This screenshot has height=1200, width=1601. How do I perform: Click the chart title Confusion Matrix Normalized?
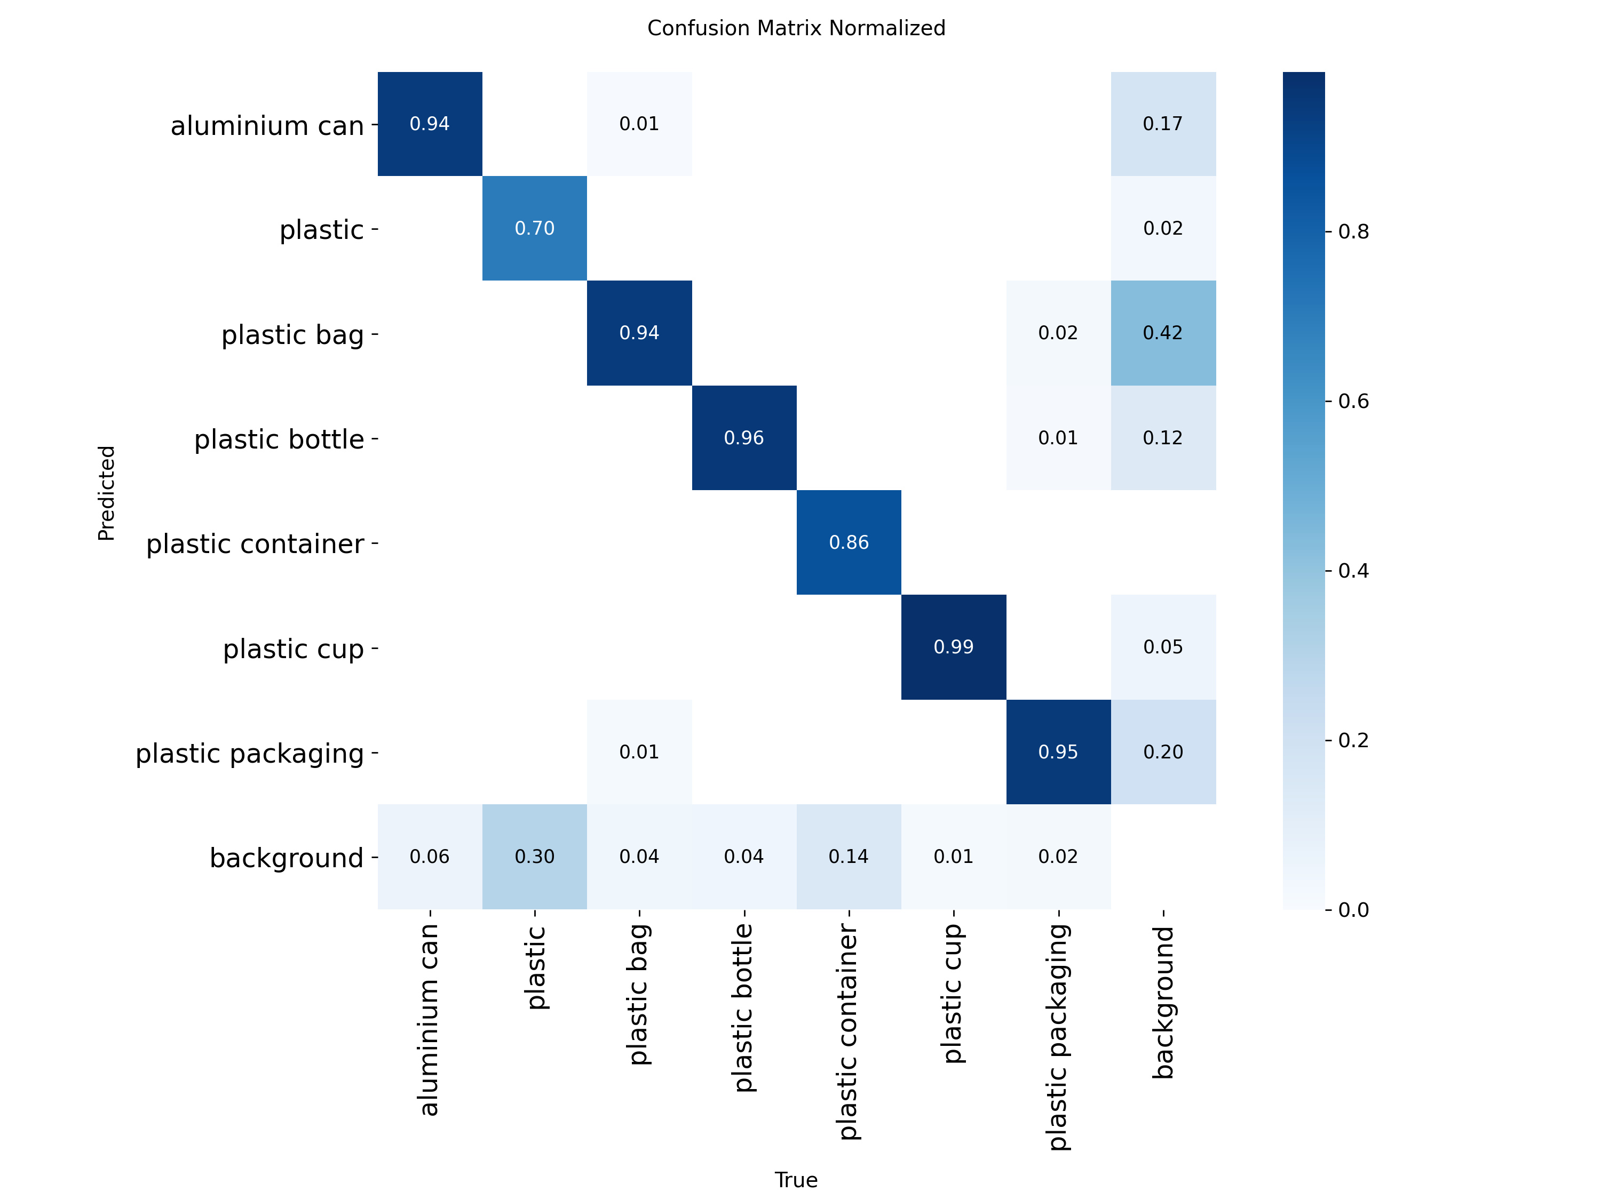click(796, 28)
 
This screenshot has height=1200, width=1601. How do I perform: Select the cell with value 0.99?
click(953, 646)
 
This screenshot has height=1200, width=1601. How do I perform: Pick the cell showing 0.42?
click(1162, 333)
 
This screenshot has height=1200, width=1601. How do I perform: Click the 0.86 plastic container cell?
click(849, 542)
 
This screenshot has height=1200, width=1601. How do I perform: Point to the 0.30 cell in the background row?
click(534, 857)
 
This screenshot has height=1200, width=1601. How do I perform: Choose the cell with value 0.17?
click(1162, 124)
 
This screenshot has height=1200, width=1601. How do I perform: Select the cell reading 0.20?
click(1162, 751)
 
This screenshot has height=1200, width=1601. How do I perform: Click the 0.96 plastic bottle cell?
click(743, 438)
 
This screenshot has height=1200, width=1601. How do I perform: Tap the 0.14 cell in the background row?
click(849, 857)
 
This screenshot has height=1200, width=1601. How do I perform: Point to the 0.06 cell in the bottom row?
click(429, 857)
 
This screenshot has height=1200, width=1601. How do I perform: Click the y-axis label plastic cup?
click(293, 649)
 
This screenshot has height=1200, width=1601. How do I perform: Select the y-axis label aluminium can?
click(267, 126)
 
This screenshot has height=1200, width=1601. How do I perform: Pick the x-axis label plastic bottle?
click(743, 1007)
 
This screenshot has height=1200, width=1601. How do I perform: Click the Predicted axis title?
click(106, 493)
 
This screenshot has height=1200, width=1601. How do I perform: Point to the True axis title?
click(796, 1180)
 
